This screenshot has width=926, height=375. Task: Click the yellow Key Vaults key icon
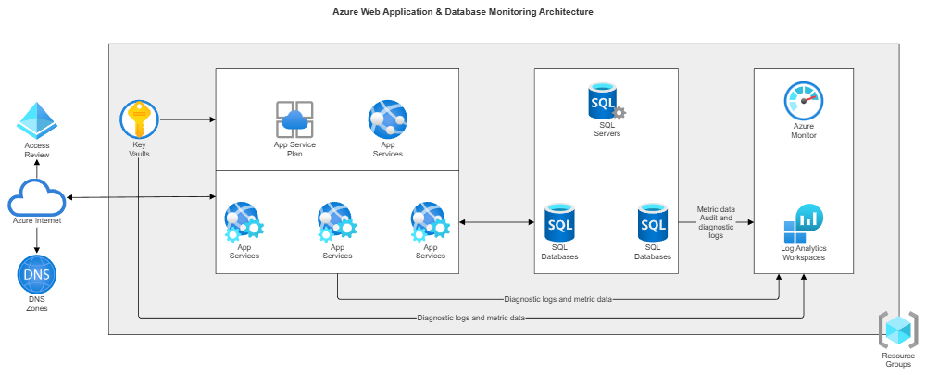(x=139, y=119)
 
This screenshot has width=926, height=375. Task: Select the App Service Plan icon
(x=294, y=119)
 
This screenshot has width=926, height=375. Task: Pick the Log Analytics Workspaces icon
(x=803, y=223)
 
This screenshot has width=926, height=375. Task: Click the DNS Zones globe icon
(x=37, y=274)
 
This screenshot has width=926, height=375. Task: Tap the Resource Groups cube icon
(x=897, y=331)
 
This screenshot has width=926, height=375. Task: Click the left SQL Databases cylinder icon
(x=559, y=223)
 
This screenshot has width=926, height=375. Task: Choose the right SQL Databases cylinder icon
(x=653, y=222)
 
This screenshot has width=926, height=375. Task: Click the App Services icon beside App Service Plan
(x=387, y=119)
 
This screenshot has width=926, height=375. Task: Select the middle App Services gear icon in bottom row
(x=337, y=222)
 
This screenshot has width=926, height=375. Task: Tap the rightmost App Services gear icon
(x=430, y=222)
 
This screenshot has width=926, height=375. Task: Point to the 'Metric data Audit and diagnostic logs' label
(x=715, y=223)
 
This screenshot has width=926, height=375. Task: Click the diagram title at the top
(x=463, y=12)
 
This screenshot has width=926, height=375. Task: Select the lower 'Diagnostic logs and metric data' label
(x=471, y=318)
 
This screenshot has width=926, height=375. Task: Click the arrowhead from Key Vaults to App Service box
(x=212, y=120)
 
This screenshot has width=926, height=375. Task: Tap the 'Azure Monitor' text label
(x=803, y=131)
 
